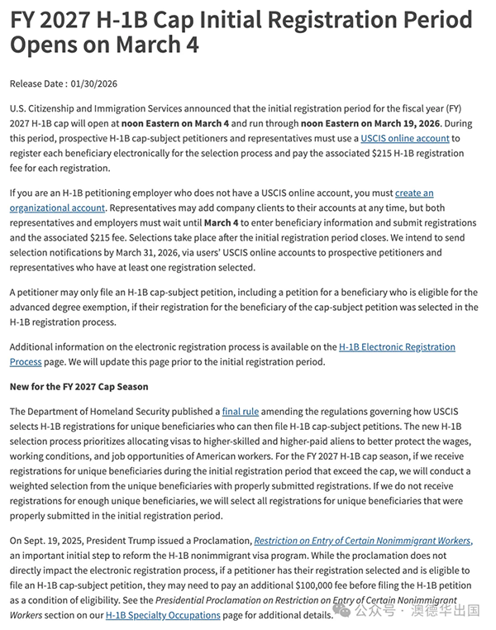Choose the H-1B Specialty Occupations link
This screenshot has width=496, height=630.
point(163,615)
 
